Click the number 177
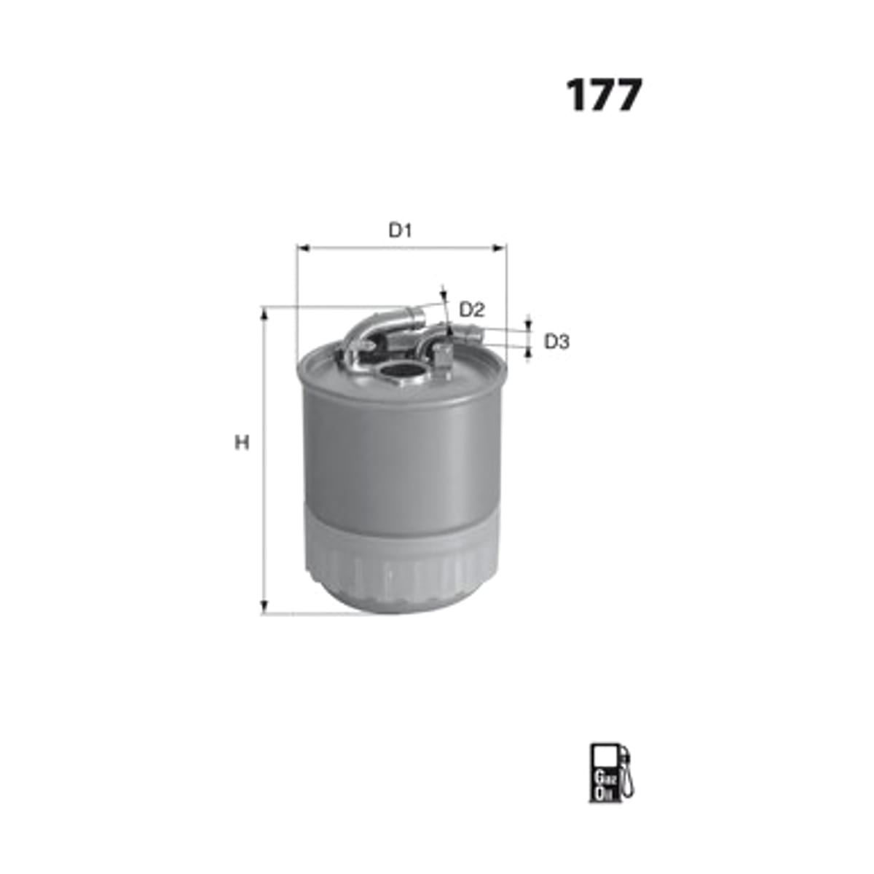[605, 95]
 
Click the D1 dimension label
[400, 231]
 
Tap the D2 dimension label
[472, 310]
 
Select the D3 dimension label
[557, 342]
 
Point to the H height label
[243, 443]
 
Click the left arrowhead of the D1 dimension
[303, 248]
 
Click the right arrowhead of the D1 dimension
[500, 248]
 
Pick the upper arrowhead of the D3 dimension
[528, 325]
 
